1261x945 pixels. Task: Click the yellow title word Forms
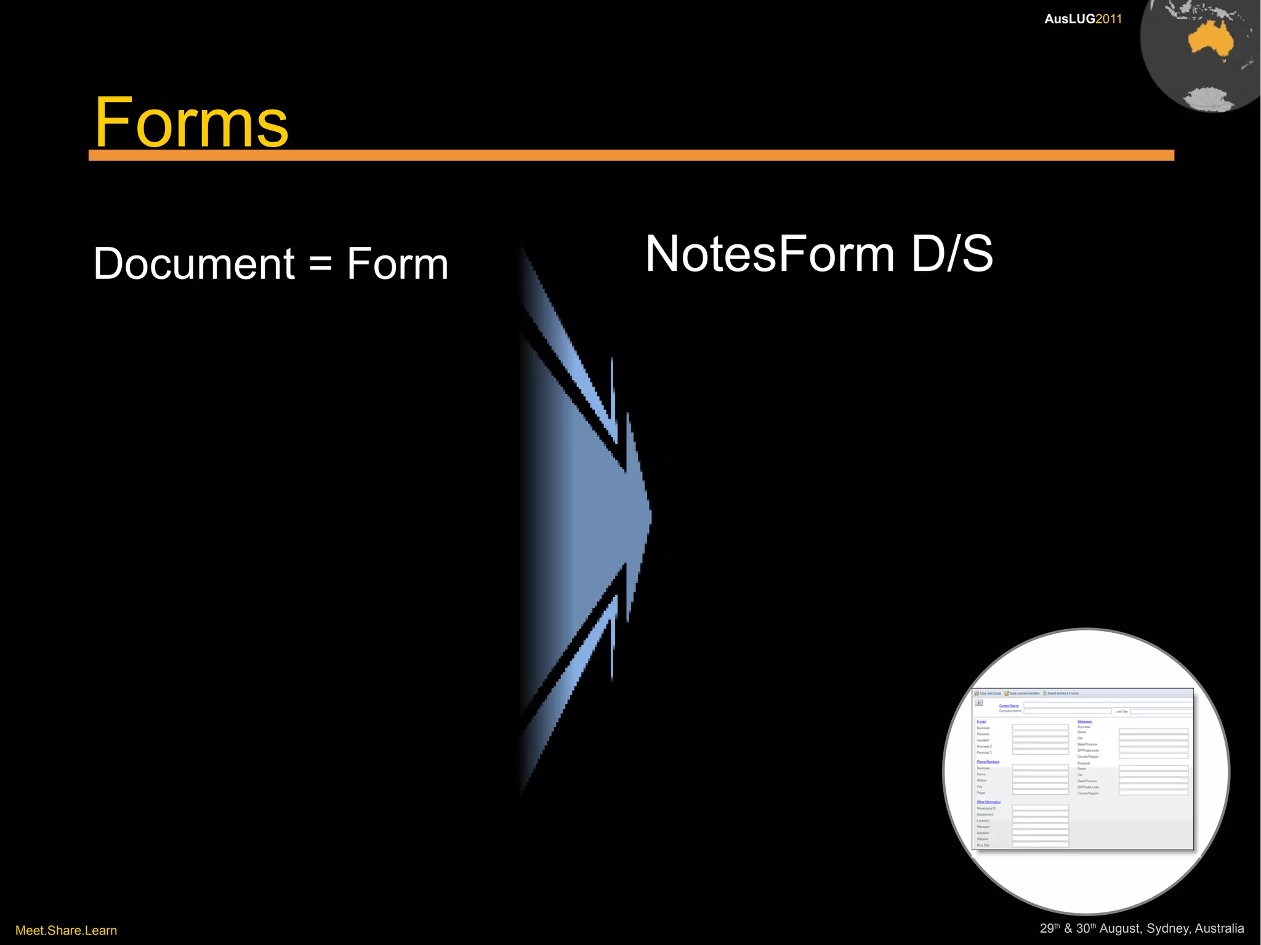[191, 123]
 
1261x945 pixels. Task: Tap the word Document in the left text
[194, 263]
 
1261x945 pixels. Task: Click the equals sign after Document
[320, 263]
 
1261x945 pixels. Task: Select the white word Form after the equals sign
[397, 263]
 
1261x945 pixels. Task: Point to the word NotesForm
[770, 254]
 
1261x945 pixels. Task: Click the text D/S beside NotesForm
[952, 254]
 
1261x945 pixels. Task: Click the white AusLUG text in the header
[1070, 19]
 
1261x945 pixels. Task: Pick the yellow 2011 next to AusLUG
[1109, 19]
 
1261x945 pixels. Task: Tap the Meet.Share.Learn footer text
[66, 930]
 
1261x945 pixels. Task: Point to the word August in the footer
[1120, 928]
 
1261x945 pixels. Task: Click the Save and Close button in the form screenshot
[988, 693]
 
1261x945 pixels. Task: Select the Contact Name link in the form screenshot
[1009, 706]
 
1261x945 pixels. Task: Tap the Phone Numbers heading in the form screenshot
[988, 762]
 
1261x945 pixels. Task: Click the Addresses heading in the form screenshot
[1084, 722]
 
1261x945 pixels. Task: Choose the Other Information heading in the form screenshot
[988, 802]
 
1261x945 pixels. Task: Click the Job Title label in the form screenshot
[1122, 711]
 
